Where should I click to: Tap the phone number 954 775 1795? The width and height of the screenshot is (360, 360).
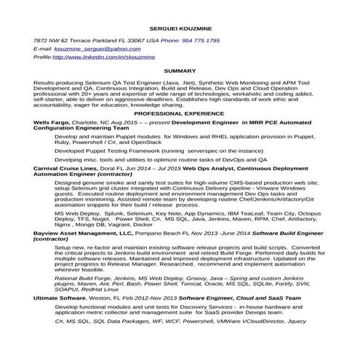point(201,41)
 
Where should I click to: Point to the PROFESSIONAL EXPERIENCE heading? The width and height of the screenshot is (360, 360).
point(180,114)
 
